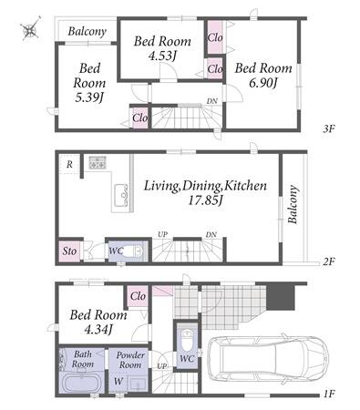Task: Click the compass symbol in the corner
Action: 30,29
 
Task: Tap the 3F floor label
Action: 328,129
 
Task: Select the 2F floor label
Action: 328,261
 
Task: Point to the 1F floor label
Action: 328,394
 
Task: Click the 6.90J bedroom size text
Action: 263,82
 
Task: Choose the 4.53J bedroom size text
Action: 163,56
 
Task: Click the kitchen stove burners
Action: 98,163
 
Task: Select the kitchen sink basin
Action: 121,195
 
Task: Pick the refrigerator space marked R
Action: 69,164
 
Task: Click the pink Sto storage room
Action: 69,251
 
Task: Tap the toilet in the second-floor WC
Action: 134,251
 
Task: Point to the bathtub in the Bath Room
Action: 81,383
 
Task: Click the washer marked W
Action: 118,381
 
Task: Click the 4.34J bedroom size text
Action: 98,329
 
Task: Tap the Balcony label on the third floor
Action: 87,31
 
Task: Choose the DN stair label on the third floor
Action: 212,101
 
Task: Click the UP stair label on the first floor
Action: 162,366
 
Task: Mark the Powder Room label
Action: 130,360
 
